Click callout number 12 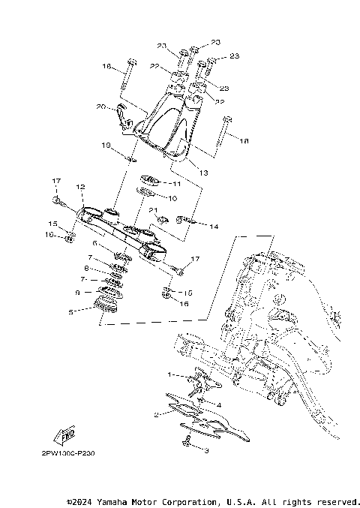click(80, 187)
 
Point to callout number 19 click(106, 145)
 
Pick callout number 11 click(177, 183)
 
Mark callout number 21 click(151, 211)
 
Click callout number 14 click(214, 226)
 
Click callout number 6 click(94, 243)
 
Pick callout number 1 click(170, 373)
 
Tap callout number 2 click(155, 413)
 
